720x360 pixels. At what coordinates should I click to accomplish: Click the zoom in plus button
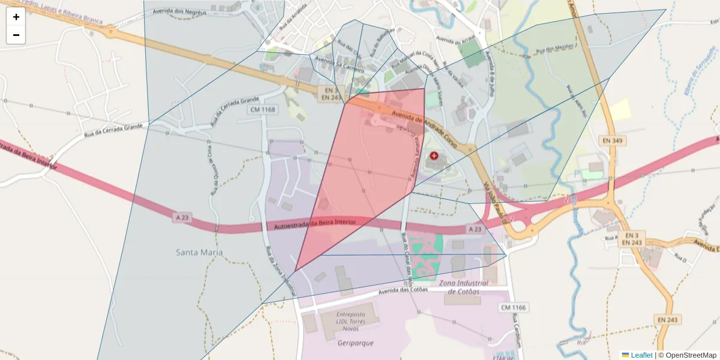[16, 17]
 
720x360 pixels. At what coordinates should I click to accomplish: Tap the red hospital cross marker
[434, 155]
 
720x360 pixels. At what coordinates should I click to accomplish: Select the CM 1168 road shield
[264, 110]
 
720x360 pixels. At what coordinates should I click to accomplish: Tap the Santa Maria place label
[199, 253]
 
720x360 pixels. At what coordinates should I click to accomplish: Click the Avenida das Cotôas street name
[403, 290]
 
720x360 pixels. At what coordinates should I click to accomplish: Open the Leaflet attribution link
[641, 355]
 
